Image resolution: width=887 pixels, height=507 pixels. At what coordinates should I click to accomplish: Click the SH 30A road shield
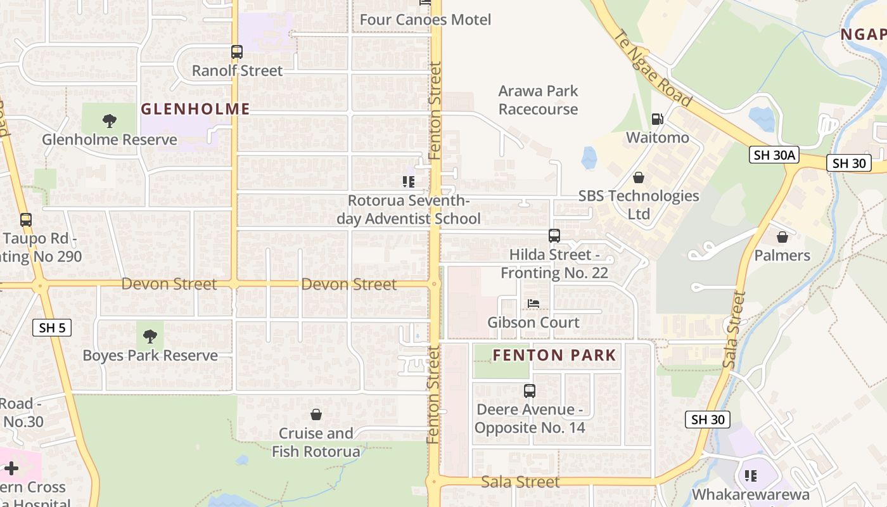(x=773, y=155)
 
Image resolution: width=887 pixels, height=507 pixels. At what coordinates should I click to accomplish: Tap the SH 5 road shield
(x=52, y=328)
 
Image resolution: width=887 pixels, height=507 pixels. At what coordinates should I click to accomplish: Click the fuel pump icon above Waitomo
(x=657, y=119)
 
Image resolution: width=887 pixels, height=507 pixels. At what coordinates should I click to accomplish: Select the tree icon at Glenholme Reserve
(x=110, y=120)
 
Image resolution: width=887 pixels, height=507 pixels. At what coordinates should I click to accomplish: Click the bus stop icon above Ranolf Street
(x=237, y=52)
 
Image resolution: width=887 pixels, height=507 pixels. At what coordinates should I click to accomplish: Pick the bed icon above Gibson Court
(x=533, y=304)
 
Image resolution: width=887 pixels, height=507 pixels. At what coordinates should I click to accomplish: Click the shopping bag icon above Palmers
(x=782, y=237)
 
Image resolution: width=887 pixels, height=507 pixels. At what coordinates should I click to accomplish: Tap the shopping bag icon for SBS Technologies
(x=639, y=177)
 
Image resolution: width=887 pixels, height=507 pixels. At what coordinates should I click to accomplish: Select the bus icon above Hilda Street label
(x=554, y=236)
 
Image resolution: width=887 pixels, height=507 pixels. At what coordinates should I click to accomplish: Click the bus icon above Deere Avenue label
(x=530, y=391)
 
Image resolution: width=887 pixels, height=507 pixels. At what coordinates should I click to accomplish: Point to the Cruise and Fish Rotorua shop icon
(x=316, y=415)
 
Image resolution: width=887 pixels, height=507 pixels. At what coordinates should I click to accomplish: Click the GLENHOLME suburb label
(x=195, y=109)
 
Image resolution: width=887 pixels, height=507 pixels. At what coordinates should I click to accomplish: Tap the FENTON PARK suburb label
(x=554, y=355)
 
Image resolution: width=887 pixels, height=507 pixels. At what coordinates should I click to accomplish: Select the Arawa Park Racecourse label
(x=538, y=100)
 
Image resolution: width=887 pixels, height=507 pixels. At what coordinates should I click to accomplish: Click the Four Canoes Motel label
(x=425, y=20)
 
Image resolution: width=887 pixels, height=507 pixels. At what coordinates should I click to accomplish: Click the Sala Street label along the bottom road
(x=520, y=482)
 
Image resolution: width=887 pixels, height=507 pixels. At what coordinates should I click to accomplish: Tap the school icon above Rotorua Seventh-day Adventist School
(x=409, y=183)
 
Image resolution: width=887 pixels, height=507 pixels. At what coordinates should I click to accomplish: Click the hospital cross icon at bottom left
(x=11, y=469)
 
